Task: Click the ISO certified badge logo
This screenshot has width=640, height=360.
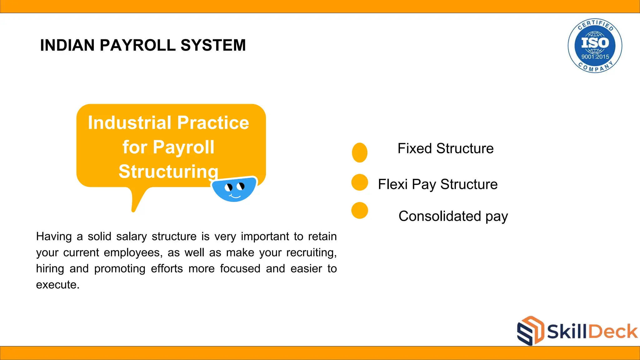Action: click(595, 46)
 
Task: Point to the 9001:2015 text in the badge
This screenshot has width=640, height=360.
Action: click(595, 57)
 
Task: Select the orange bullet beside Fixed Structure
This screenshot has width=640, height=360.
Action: click(360, 152)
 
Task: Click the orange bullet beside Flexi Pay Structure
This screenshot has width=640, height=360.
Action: click(360, 182)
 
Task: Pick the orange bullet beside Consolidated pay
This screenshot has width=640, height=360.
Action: click(360, 210)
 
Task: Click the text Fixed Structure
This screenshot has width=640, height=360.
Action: click(445, 148)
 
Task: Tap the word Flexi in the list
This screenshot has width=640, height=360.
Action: click(392, 184)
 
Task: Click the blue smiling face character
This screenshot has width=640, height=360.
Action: click(234, 189)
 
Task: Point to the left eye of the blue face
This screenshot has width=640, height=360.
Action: click(229, 187)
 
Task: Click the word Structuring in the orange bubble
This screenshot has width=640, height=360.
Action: click(168, 172)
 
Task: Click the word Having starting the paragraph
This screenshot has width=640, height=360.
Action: click(54, 237)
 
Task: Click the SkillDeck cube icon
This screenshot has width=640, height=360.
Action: click(530, 331)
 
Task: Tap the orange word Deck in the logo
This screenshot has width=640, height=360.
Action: click(613, 331)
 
